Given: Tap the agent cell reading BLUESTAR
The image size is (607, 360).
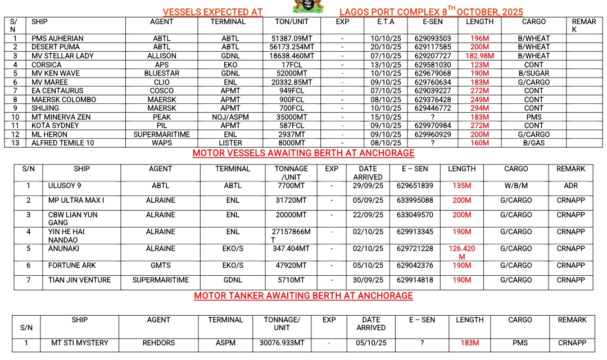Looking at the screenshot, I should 161,74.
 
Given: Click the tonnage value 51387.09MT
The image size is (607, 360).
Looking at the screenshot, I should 291,39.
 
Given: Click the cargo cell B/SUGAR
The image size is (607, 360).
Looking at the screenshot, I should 533,74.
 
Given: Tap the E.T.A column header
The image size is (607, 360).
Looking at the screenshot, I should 386,22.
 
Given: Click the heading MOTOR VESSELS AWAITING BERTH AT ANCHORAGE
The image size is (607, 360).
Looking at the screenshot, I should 303,153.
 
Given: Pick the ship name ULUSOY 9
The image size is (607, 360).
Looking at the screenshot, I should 65,186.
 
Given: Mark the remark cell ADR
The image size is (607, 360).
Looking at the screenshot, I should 570,186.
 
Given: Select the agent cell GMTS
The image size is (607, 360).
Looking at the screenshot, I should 161,266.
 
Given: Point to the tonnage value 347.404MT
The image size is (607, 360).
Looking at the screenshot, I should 291,249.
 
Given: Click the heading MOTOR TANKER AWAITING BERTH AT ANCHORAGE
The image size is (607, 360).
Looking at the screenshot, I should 303,295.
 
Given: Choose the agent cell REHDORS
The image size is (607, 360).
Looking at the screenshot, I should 158,343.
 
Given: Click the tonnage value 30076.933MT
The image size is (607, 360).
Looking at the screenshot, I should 282,343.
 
